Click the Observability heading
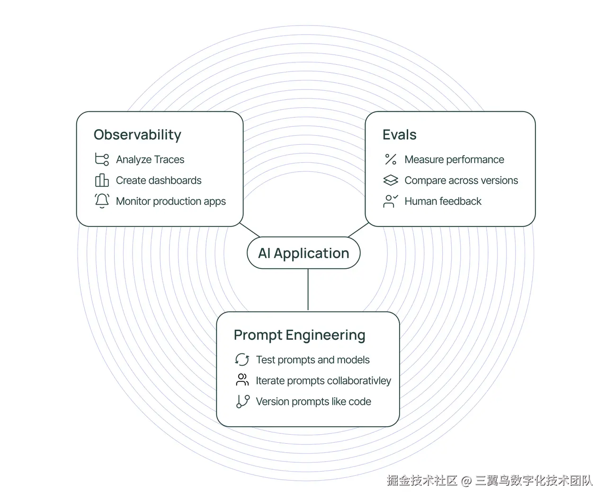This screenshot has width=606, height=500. point(137,135)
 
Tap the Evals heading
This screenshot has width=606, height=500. point(400,134)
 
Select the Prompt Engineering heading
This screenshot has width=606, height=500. point(300,335)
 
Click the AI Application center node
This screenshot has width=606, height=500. point(303,253)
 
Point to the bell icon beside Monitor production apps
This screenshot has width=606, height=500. point(102,201)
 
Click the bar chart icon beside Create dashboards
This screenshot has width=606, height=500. point(102,180)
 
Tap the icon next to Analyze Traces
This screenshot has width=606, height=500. point(102,159)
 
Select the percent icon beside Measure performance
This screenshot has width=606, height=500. point(391,159)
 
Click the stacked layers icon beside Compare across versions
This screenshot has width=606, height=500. point(391,180)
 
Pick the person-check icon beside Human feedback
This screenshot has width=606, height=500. point(391,201)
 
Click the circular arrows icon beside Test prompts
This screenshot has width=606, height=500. point(242,360)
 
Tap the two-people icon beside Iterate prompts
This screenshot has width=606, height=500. point(242,380)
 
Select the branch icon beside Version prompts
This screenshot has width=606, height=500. point(242,402)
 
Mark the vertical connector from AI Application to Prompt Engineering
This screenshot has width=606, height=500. point(308,290)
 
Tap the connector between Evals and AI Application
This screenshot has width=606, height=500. point(358,230)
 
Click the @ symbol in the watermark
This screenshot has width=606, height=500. point(466,481)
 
